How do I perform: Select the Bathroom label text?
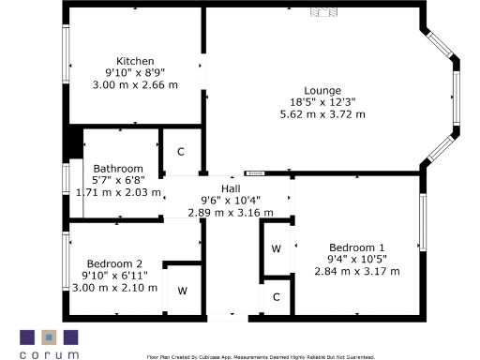118,169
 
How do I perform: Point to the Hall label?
230,188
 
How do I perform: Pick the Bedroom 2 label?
114,263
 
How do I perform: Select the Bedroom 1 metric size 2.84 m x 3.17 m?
356,272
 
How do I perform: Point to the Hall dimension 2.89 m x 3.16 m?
230,212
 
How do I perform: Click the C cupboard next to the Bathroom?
181,152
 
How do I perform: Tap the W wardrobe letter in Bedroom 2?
183,291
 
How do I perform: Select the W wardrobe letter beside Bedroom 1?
276,248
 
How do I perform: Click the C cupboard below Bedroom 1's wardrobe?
276,297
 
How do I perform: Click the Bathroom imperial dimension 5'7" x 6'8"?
118,180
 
